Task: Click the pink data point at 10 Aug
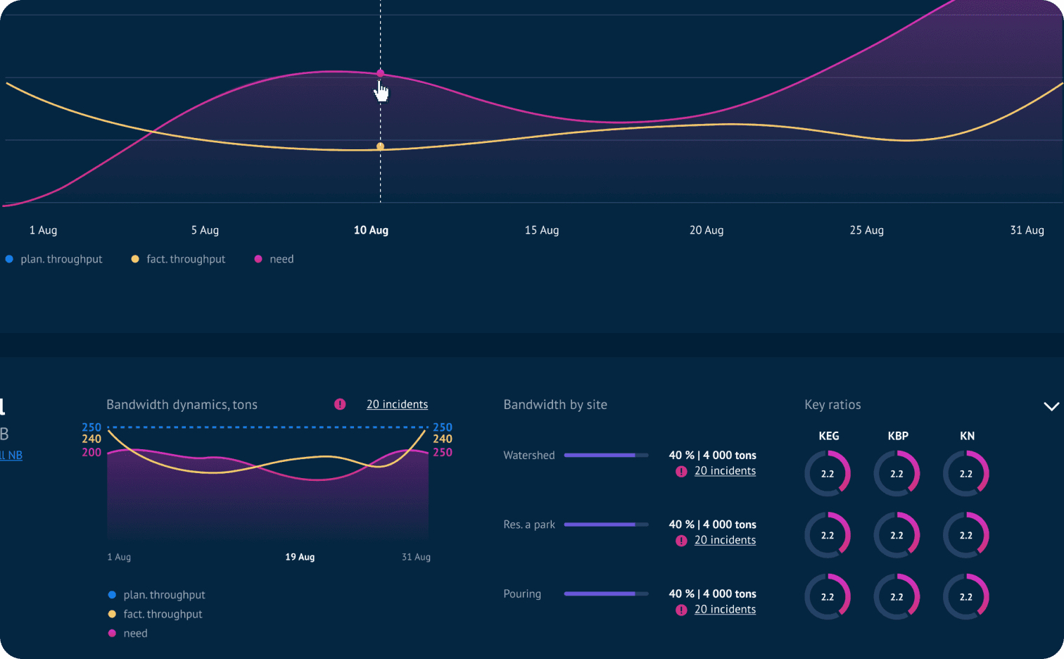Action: point(381,73)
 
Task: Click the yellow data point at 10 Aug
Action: point(381,146)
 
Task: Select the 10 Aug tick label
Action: point(371,230)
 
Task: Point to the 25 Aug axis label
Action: point(866,230)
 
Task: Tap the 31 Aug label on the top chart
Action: point(1027,230)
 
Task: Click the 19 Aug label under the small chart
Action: point(300,557)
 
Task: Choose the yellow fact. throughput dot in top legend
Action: point(135,259)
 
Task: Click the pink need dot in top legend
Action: point(258,259)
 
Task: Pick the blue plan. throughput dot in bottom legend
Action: point(112,595)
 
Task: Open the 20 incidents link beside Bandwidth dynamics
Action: point(397,405)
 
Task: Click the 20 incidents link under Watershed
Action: point(725,471)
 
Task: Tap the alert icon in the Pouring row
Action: point(681,610)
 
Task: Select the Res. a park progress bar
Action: point(606,525)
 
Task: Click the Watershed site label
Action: point(529,456)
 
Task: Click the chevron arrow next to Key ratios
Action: point(1051,406)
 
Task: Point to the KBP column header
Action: point(898,436)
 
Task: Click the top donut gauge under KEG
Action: point(828,474)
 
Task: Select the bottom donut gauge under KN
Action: point(966,597)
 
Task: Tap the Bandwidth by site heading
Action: point(555,405)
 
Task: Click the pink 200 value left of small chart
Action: point(91,453)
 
